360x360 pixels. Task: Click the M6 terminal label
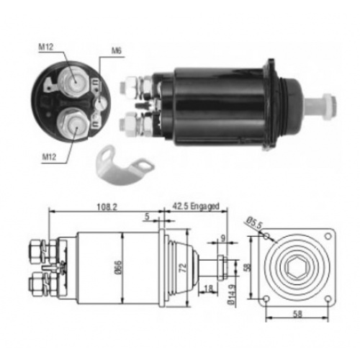coord(117,50)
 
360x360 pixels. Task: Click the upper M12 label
coord(46,47)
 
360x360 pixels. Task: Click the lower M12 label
coord(49,157)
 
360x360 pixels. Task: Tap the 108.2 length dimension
coord(107,207)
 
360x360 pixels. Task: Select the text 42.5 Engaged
coord(196,206)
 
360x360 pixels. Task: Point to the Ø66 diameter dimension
coord(119,267)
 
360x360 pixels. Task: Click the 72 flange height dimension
coord(183,267)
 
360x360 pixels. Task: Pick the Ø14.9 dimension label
coord(232,294)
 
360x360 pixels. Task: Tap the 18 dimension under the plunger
coord(208,288)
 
